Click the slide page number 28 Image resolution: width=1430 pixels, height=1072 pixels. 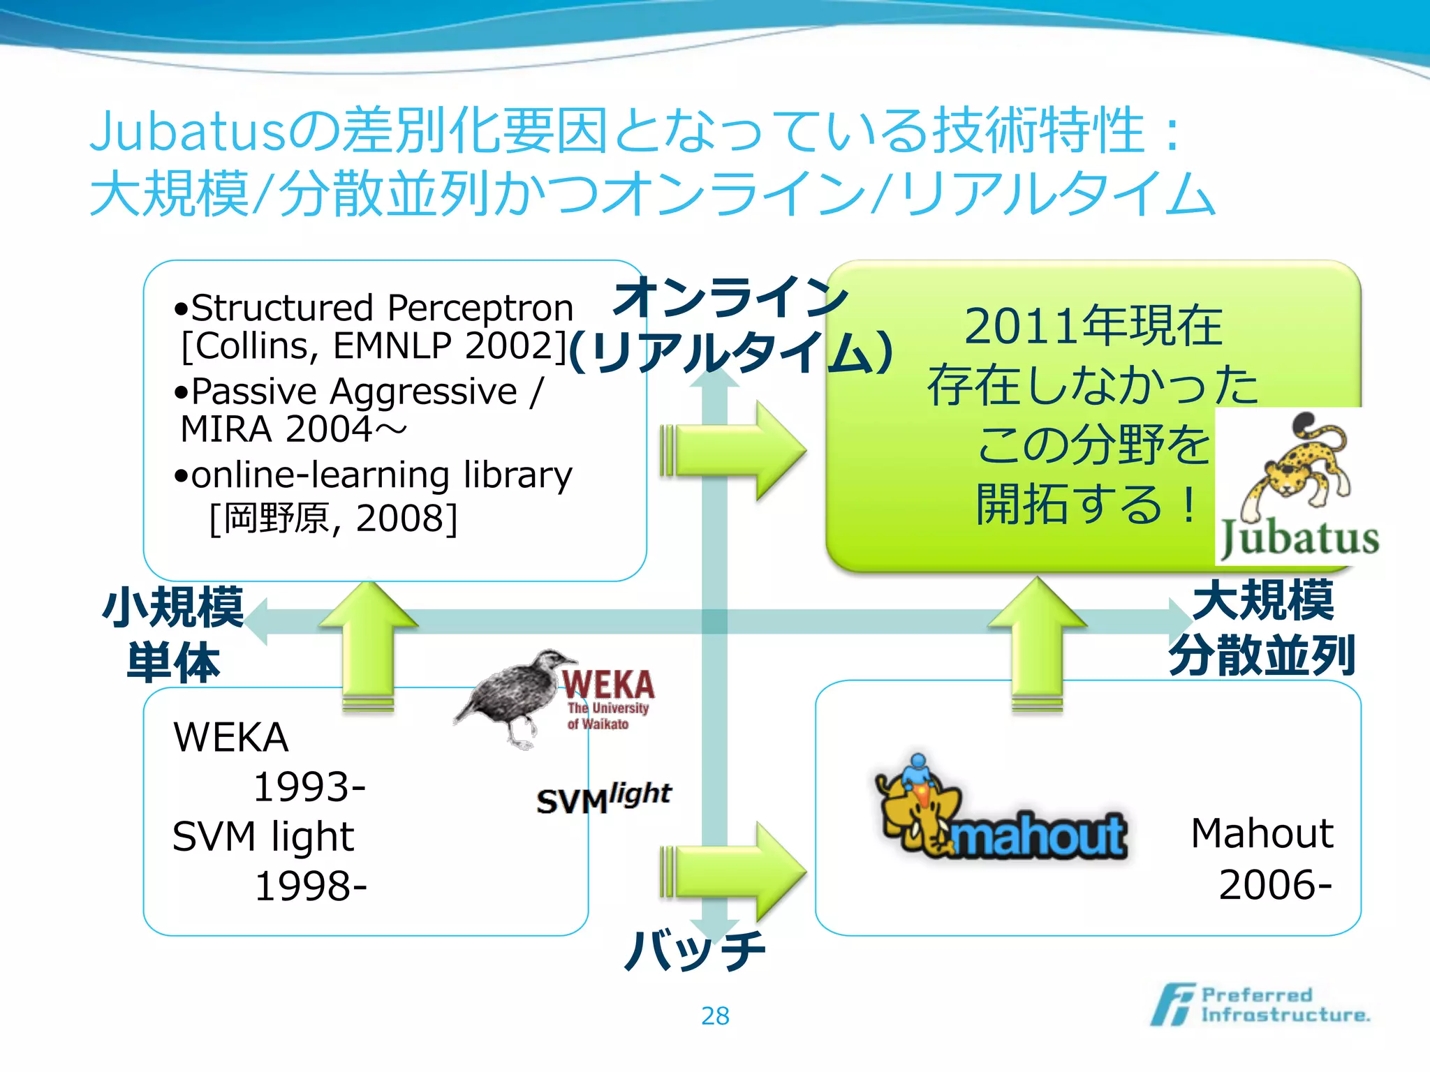pos(715,1015)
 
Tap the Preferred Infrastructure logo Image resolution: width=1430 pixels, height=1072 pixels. pos(1260,1005)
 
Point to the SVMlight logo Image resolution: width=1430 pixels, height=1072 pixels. pos(603,798)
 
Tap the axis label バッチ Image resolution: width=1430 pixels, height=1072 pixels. pos(695,951)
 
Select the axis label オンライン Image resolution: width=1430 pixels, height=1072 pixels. pos(730,297)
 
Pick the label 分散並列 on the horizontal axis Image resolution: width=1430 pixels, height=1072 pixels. pos(1262,656)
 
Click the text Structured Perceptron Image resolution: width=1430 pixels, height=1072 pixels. pos(382,308)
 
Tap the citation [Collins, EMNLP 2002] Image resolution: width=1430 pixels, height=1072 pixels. pos(374,345)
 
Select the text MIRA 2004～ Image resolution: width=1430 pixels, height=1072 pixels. pos(293,429)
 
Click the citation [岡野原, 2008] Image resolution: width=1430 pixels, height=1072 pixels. pos(333,519)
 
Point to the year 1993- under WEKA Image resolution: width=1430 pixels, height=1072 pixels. pos(309,787)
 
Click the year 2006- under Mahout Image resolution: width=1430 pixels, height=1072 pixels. pos(1275,885)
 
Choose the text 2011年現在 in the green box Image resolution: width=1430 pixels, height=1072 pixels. pos(1093,326)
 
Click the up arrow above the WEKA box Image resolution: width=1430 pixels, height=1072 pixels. pos(369,642)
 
